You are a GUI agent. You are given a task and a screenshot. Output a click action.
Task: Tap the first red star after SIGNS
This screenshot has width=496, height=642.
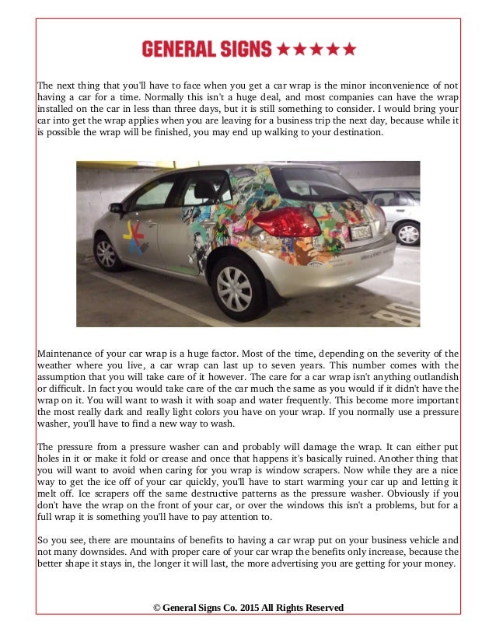pos(283,50)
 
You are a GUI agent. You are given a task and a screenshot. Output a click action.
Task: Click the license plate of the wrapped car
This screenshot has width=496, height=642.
pos(361,232)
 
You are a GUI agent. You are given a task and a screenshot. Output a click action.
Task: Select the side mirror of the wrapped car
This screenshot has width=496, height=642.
pos(116,208)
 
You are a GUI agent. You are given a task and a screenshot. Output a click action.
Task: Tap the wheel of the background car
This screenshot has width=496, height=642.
pos(407,232)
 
